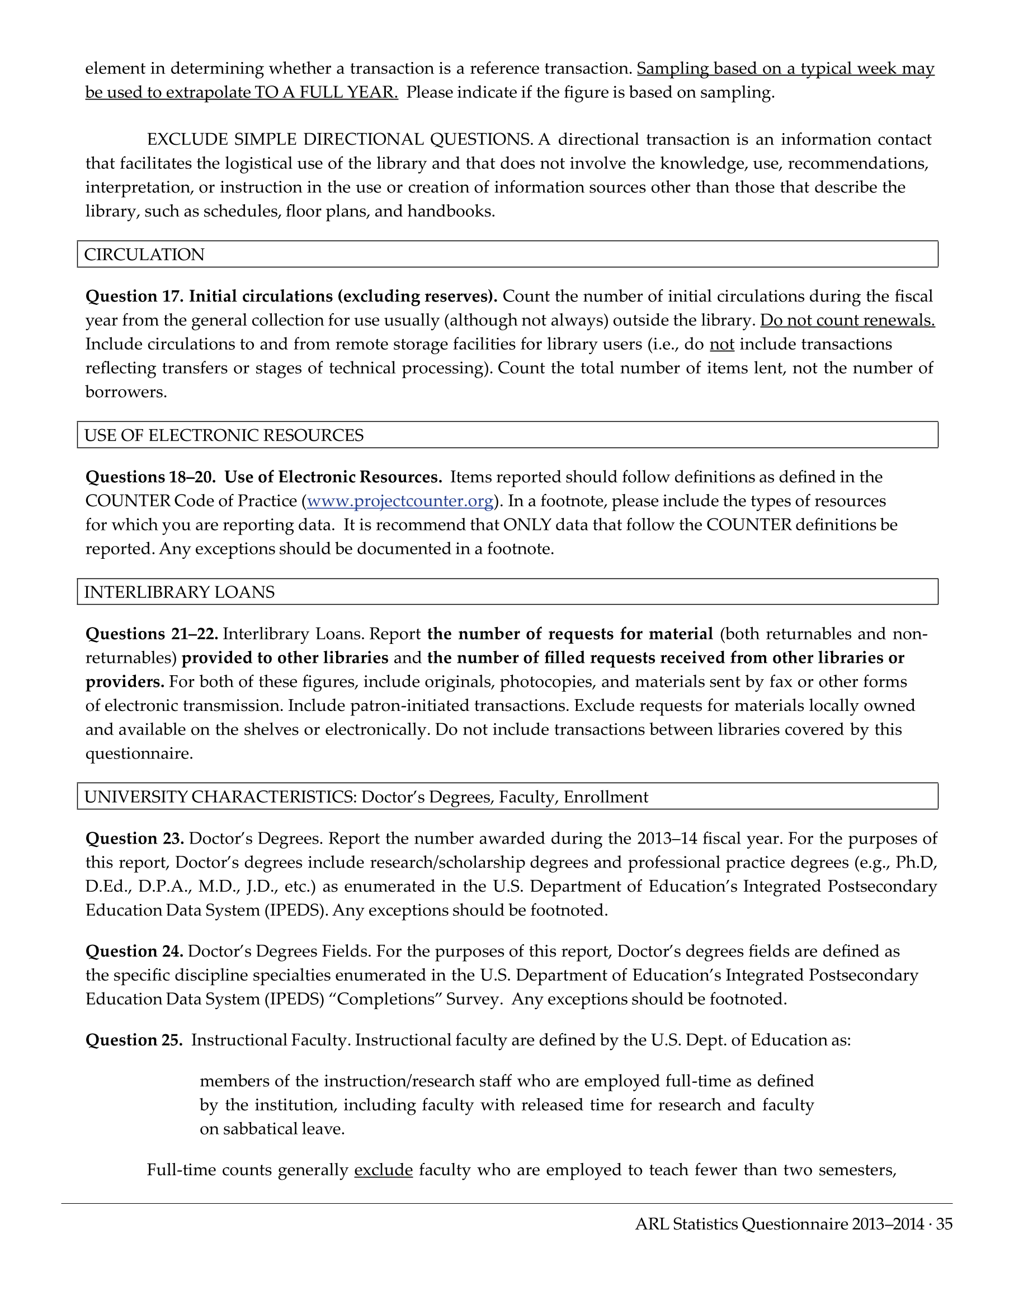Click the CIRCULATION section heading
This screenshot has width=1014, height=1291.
(x=144, y=254)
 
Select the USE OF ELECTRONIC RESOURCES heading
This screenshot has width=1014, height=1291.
(x=224, y=435)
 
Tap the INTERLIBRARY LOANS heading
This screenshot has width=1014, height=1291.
(x=180, y=592)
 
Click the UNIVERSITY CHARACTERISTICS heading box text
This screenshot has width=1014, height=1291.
(x=366, y=797)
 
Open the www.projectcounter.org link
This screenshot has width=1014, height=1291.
(x=400, y=501)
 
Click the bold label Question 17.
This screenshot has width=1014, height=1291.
(x=134, y=296)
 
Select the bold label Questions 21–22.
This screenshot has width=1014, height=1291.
(x=152, y=634)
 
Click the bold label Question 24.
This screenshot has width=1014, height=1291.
(x=134, y=951)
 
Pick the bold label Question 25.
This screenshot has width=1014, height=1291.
(x=134, y=1040)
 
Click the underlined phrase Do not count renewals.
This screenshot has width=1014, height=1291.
(x=847, y=321)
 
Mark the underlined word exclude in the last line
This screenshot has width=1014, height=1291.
(x=384, y=1170)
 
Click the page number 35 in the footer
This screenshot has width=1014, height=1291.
(x=944, y=1224)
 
